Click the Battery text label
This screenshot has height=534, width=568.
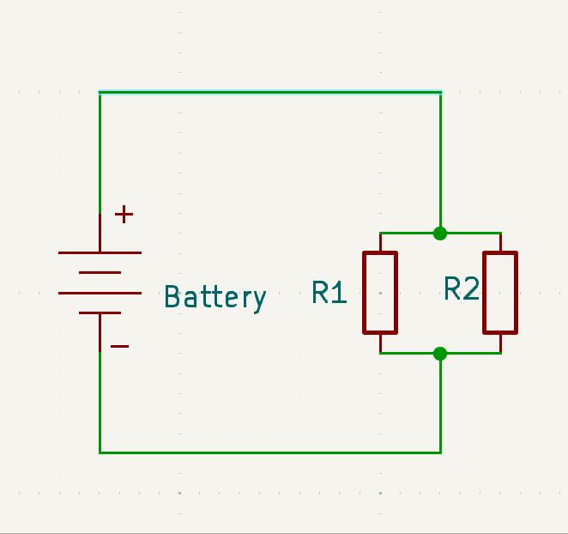coord(215,297)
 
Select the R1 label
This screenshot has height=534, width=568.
coord(329,294)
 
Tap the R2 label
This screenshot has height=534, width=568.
coord(461,290)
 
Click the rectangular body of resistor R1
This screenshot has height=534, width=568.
coord(380,292)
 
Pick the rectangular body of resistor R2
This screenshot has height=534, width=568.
coord(500,292)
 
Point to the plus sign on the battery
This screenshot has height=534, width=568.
coord(124,214)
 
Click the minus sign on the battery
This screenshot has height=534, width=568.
coord(120,346)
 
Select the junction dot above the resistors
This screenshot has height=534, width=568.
coord(440,233)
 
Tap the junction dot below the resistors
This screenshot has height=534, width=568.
coord(440,353)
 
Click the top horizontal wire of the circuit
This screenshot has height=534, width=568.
coord(270,92)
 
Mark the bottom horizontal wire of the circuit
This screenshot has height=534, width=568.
coord(270,452)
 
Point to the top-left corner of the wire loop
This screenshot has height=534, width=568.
coord(100,92)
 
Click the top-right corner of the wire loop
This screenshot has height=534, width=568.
coord(440,92)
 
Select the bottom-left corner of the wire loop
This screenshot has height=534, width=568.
coord(100,452)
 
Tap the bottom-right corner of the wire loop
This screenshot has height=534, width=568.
coord(440,452)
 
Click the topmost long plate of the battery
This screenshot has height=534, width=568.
coord(100,252)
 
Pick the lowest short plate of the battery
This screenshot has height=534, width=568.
coord(100,313)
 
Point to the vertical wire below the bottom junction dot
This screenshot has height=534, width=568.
coord(440,404)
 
